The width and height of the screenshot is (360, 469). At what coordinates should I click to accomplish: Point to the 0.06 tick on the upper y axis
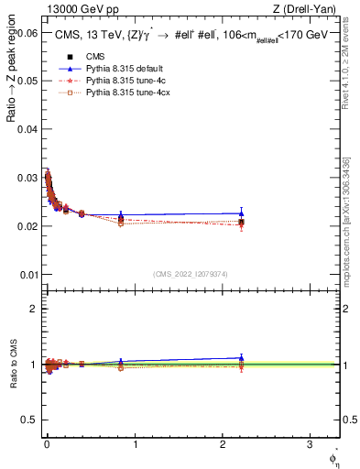(x=28, y=33)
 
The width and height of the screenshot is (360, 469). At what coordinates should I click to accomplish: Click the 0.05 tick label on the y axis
(x=28, y=82)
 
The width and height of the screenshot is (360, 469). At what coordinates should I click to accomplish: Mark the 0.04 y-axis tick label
(x=28, y=129)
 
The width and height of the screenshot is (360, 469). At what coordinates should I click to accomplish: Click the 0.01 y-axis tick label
(x=28, y=274)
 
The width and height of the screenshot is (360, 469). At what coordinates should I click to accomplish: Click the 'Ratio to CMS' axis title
(x=14, y=365)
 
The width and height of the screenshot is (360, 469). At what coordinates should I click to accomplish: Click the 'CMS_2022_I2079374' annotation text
(x=191, y=272)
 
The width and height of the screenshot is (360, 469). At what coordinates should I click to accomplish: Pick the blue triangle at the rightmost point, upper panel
(x=241, y=213)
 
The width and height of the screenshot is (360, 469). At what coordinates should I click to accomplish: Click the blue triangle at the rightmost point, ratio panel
(x=241, y=358)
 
